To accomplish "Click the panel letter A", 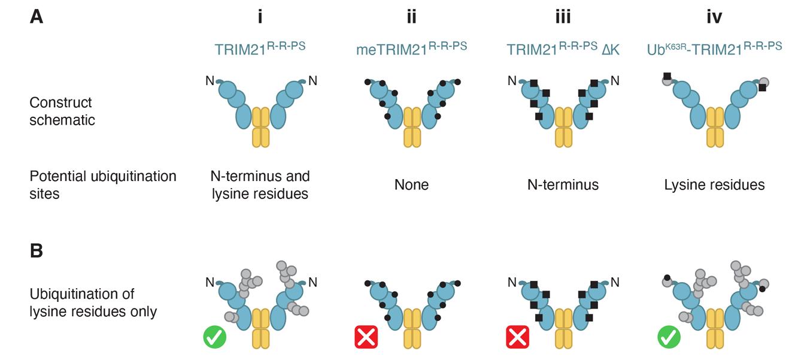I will point(37,17).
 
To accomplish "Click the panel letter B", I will point(37,250).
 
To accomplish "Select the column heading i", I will point(260,17).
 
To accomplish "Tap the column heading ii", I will point(411,17).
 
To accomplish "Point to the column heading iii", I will point(563,17).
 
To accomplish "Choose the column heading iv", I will point(714,17).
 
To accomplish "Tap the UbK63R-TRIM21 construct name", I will point(714,49).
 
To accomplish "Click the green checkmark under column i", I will point(215,337).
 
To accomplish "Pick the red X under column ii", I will point(366,337).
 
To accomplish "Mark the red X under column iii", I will point(518,337).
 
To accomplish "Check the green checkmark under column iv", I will point(669,337).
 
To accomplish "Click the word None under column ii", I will point(411,185).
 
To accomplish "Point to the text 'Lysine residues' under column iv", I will point(714,185).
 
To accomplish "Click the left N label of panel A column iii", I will point(512,80).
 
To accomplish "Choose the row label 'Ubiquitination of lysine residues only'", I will point(93,302).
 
